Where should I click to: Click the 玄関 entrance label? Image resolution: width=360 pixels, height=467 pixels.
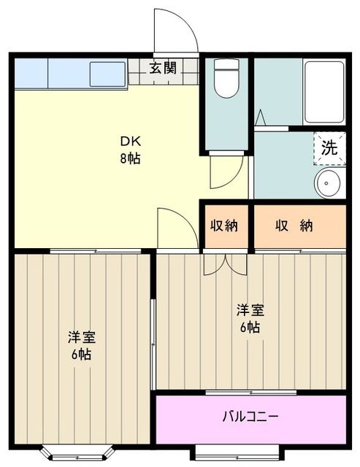(163, 69)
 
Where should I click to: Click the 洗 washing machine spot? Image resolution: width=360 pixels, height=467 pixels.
(329, 147)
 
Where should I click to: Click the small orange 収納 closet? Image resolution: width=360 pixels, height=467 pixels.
(226, 225)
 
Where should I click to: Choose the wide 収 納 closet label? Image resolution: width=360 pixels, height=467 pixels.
(294, 225)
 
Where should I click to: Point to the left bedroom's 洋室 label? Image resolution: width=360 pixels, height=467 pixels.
(82, 337)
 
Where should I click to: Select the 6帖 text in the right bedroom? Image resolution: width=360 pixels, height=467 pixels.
(249, 328)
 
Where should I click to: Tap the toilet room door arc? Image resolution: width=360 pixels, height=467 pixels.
(226, 172)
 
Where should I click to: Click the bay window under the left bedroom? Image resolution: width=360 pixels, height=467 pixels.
(75, 453)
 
